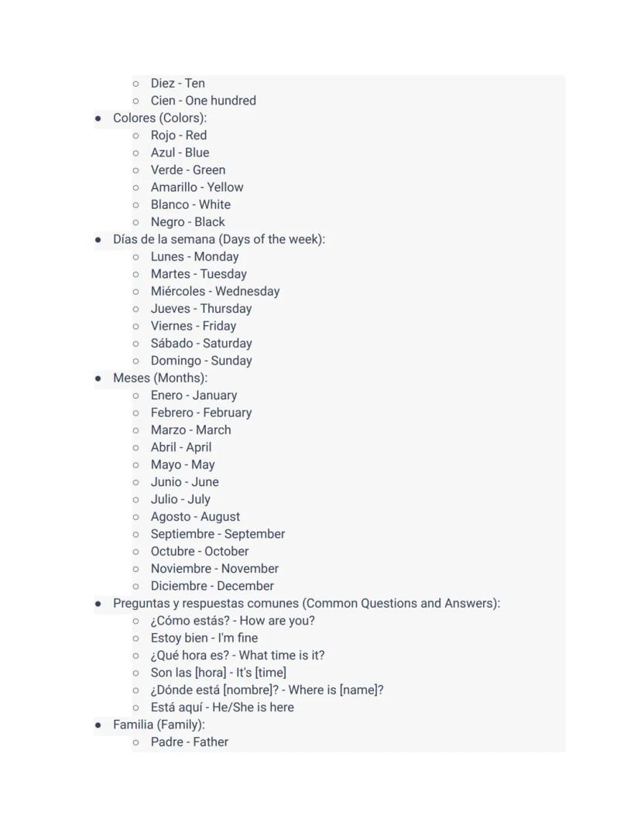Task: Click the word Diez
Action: click(163, 84)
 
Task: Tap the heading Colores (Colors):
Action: click(159, 118)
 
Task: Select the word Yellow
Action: click(225, 187)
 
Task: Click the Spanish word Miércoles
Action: click(178, 292)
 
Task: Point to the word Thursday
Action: click(226, 309)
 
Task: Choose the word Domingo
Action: click(177, 361)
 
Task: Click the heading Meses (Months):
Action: click(159, 379)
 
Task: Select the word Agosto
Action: click(170, 517)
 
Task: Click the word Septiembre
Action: click(182, 534)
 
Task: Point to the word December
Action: click(245, 586)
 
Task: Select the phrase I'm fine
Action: click(238, 639)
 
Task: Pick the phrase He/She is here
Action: click(257, 707)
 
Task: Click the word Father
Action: click(210, 742)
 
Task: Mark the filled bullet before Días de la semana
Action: click(98, 240)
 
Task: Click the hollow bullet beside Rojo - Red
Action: click(135, 135)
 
